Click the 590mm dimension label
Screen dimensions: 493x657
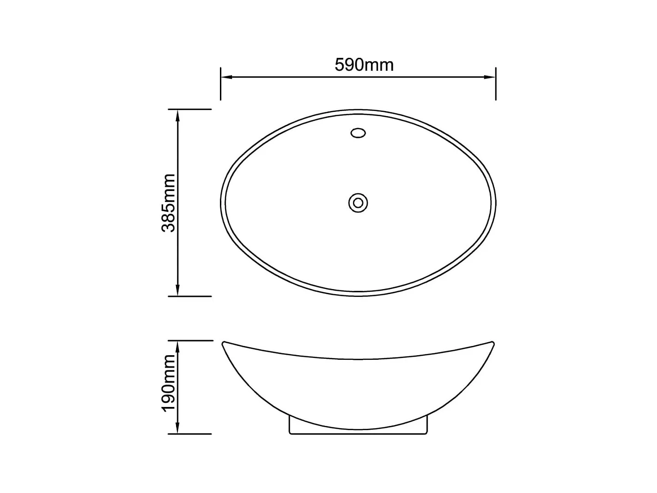pyautogui.click(x=364, y=65)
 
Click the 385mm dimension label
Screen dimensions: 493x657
pyautogui.click(x=169, y=203)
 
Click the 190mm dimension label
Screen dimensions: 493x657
pyautogui.click(x=169, y=383)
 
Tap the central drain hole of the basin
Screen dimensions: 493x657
pyautogui.click(x=358, y=203)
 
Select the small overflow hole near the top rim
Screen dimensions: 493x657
pyautogui.click(x=358, y=133)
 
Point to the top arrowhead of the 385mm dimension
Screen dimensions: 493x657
pyautogui.click(x=177, y=114)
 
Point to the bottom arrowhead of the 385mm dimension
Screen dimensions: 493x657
pyautogui.click(x=177, y=291)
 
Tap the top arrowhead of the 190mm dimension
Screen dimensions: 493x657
pyautogui.click(x=177, y=345)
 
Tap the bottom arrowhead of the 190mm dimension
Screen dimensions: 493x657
pyautogui.click(x=177, y=429)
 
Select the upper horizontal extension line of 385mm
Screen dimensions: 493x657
pyautogui.click(x=189, y=110)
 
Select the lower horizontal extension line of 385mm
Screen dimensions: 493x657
pyautogui.click(x=189, y=296)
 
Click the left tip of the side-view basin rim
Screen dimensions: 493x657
pyautogui.click(x=224, y=343)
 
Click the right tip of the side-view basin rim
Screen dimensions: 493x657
pyautogui.click(x=493, y=343)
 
